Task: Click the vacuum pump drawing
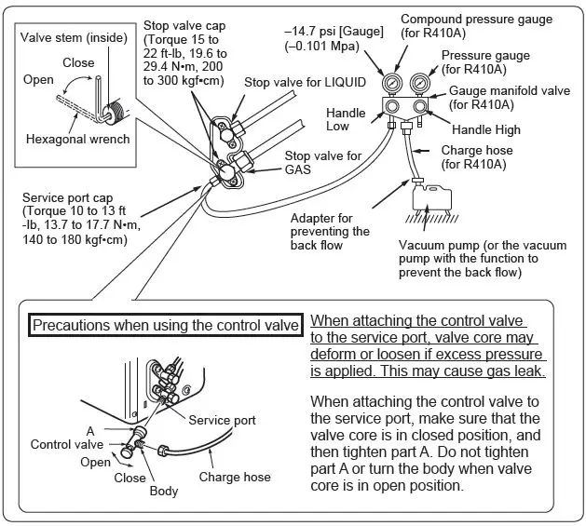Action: point(429,198)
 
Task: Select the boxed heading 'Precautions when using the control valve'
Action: point(165,325)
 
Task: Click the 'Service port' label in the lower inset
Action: point(222,420)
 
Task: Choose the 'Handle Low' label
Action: point(346,119)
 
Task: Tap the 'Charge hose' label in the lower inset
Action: point(235,477)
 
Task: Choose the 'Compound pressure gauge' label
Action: point(476,19)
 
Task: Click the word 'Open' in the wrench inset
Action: point(38,80)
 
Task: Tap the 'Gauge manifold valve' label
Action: point(509,91)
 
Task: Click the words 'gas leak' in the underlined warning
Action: point(512,371)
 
